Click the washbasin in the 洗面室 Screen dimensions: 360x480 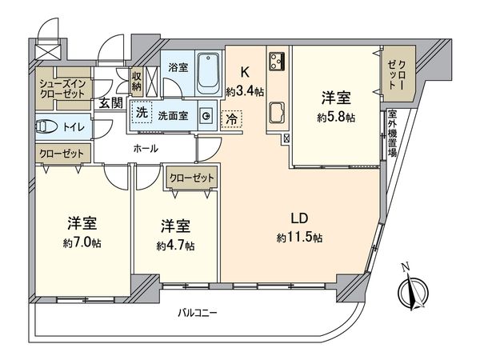(x=206, y=116)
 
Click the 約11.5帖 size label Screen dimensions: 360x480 (x=300, y=238)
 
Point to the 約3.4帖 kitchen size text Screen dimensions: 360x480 (x=245, y=91)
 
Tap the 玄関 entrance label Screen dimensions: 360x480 (x=110, y=102)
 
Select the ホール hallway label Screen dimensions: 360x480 (x=145, y=149)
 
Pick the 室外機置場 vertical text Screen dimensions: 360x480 (x=392, y=134)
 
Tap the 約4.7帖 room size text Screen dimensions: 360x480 (x=174, y=246)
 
